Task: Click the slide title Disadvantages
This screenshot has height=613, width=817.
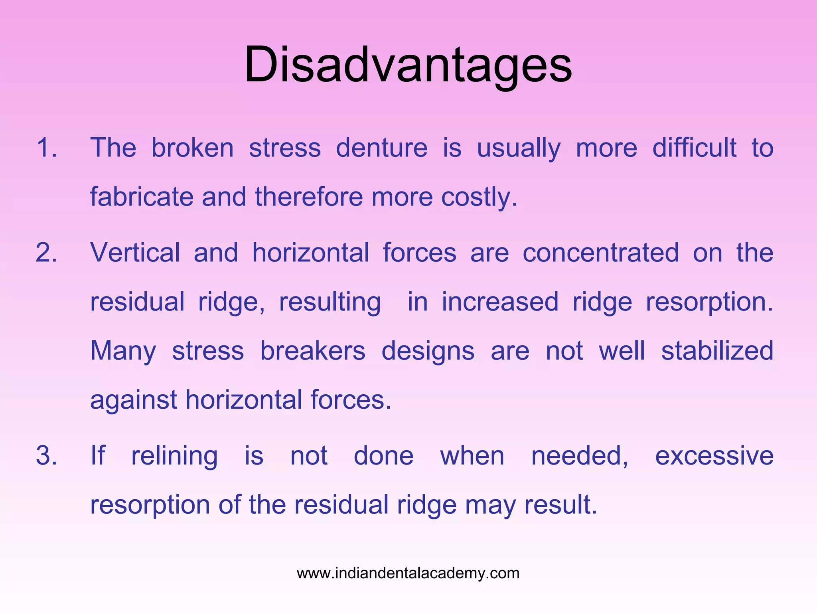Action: coord(408,65)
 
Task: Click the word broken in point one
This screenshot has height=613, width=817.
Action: coord(192,148)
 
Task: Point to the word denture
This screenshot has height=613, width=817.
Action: coord(382,148)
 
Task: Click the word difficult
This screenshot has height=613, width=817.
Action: coord(694,148)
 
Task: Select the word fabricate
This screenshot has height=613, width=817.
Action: coord(142,197)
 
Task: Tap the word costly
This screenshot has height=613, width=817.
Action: coord(479,197)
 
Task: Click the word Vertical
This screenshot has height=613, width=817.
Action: coord(135,253)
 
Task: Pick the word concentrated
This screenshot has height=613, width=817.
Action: coord(601,253)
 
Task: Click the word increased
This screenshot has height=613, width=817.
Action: coord(500,302)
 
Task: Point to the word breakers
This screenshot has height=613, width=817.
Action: coord(313,351)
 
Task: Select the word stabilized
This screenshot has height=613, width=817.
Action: coord(717,351)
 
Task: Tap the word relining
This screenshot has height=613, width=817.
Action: coord(174,456)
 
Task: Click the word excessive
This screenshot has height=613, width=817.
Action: coord(714,456)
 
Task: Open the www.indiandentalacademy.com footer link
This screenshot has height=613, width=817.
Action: coord(408,573)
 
